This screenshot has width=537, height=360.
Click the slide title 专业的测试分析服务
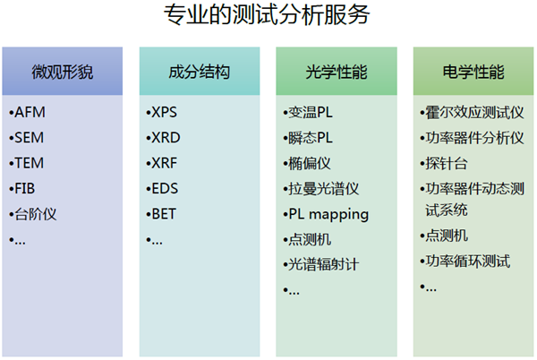[267, 14]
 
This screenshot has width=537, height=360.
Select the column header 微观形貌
[63, 72]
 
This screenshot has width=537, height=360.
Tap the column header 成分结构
[200, 72]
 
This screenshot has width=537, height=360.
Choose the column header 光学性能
[337, 72]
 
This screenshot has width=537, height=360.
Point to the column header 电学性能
[473, 72]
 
